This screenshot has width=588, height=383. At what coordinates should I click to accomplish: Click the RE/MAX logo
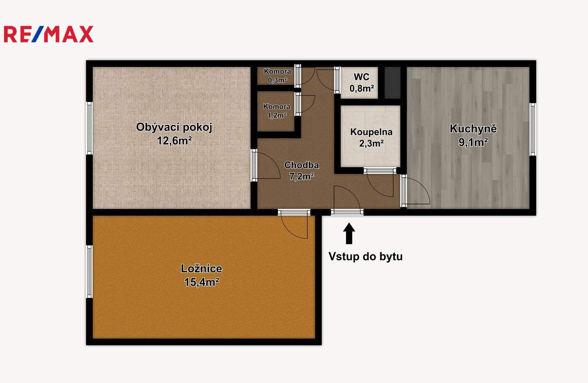[49, 34]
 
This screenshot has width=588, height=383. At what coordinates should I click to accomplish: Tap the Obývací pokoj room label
[174, 127]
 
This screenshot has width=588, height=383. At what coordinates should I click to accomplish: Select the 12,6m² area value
[174, 141]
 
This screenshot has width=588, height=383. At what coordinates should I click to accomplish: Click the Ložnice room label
[201, 269]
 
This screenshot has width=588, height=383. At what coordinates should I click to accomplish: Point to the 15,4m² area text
[201, 282]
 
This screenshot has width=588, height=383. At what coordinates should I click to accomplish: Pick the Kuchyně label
[473, 129]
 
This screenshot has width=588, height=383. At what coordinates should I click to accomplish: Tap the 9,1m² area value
[473, 142]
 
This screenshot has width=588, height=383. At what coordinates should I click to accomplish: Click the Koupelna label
[371, 132]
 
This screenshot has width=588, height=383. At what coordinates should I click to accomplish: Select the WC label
[362, 77]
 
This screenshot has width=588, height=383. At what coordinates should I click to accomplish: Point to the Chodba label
[302, 165]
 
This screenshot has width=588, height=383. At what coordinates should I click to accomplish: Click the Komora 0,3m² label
[277, 76]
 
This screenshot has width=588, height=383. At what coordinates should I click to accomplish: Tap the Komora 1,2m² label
[277, 111]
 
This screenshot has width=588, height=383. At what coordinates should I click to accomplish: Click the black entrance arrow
[349, 233]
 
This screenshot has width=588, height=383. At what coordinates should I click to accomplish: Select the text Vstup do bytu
[365, 257]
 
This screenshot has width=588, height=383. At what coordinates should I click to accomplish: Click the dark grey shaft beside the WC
[392, 83]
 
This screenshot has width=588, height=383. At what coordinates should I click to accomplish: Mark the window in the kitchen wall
[533, 129]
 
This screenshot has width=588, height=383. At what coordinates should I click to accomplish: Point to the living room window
[90, 128]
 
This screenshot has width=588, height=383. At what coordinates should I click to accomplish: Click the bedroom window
[90, 271]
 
